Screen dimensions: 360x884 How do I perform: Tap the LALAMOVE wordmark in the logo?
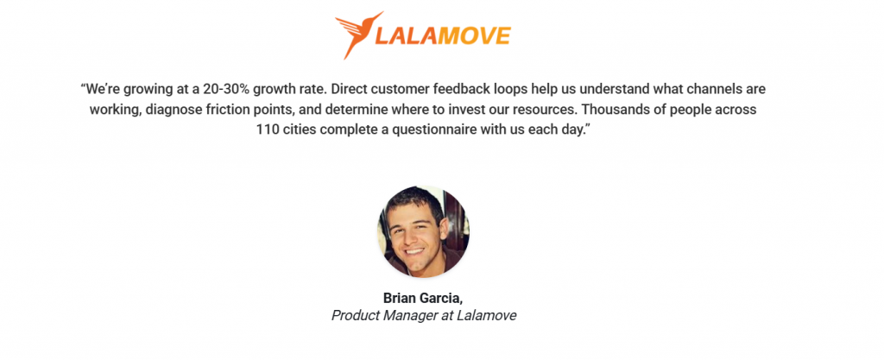coord(444,35)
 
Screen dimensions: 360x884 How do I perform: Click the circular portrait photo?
coord(423,231)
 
